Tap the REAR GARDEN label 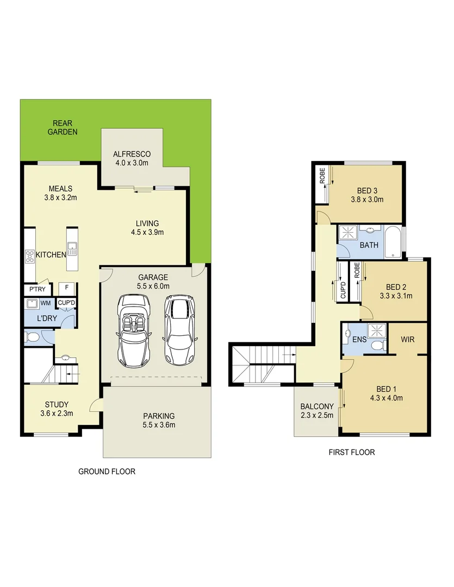pyautogui.click(x=63, y=128)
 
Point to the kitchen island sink pyautogui.click(x=72, y=251)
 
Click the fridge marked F pyautogui.click(x=67, y=288)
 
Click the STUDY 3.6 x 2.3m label pyautogui.click(x=57, y=409)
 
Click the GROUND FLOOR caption pyautogui.click(x=107, y=472)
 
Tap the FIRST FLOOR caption pyautogui.click(x=352, y=452)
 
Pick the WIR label pyautogui.click(x=408, y=339)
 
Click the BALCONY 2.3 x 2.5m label pyautogui.click(x=316, y=411)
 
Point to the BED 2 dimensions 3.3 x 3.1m pyautogui.click(x=396, y=296)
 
